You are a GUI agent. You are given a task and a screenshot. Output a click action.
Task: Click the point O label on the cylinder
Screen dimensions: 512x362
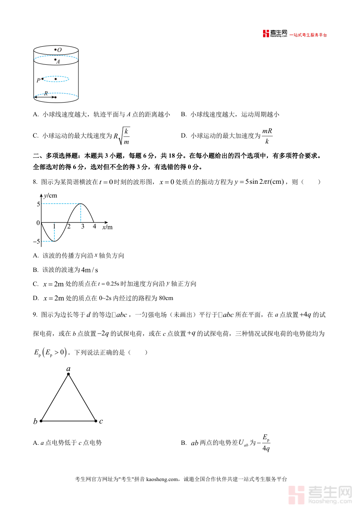point(59,50)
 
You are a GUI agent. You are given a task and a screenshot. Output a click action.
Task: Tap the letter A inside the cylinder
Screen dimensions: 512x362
point(58,62)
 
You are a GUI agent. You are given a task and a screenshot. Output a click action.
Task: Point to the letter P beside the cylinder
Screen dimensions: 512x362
point(38,80)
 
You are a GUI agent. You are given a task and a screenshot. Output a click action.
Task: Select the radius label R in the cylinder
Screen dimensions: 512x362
point(46,93)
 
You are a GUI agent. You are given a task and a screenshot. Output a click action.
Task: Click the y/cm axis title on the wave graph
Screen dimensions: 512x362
point(50,195)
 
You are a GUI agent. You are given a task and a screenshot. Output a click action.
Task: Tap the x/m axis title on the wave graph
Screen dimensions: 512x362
point(107,227)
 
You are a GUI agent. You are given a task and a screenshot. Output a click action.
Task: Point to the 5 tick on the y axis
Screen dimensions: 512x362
point(38,204)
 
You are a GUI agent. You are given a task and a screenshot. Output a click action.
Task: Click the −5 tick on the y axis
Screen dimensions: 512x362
point(37,241)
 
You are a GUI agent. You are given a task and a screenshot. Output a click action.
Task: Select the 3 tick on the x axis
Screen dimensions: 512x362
point(82,226)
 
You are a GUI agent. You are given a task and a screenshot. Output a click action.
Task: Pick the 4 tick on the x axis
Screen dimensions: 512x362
point(95,226)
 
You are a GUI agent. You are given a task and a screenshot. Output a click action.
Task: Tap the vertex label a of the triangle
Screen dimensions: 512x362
point(68,368)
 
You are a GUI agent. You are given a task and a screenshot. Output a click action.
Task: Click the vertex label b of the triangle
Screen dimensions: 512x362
point(35,422)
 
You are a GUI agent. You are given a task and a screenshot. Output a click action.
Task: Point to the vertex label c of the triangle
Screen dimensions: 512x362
point(101,421)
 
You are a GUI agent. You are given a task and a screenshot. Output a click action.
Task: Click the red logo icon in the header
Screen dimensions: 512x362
point(266,34)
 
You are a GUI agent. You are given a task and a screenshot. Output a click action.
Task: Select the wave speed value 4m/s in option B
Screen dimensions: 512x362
point(89,270)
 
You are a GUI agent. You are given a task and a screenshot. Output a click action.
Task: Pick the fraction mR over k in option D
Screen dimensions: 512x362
point(267,136)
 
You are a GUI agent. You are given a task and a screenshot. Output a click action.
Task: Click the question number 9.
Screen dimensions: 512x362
point(35,315)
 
